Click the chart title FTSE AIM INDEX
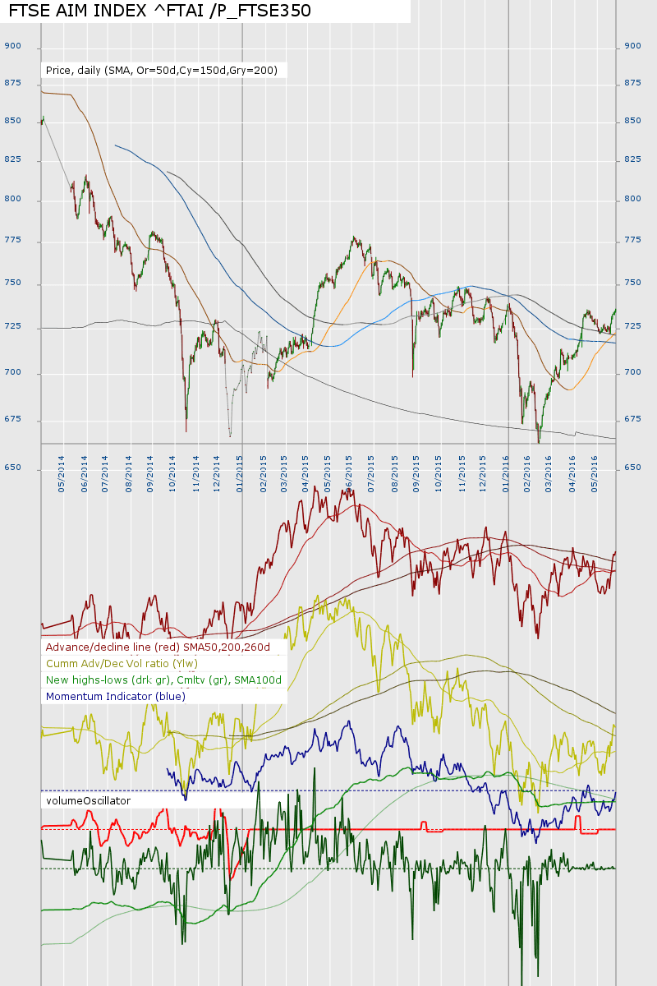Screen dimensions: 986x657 click(159, 11)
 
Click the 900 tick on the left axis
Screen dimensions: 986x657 click(12, 46)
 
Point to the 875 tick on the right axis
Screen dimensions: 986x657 click(632, 83)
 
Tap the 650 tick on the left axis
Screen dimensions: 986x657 click(12, 468)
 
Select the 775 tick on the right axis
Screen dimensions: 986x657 click(632, 240)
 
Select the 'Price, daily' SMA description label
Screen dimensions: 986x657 click(162, 71)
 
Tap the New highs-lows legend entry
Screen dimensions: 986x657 click(163, 680)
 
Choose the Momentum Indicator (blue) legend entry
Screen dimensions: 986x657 click(116, 696)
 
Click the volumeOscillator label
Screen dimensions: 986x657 click(88, 799)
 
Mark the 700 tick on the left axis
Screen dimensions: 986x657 click(12, 372)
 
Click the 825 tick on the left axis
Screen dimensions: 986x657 click(12, 159)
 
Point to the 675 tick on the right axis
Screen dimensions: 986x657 click(632, 419)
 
